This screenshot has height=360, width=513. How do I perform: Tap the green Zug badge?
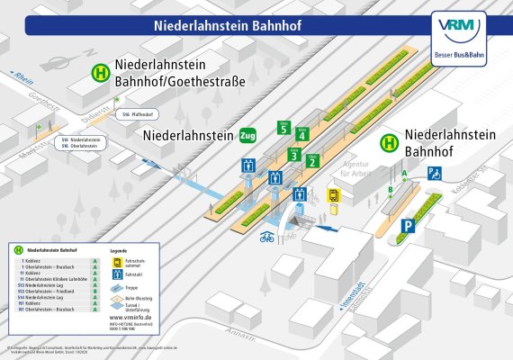coord(248,136)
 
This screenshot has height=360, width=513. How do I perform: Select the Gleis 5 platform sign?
coord(283,129)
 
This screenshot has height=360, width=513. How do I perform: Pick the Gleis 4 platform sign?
coord(302,136)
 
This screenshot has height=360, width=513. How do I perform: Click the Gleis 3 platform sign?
coord(293,155)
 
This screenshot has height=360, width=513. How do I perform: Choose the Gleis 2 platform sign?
coord(312,162)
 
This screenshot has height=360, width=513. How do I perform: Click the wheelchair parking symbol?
coord(434,173)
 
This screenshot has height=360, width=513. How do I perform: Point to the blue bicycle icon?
coord(266,238)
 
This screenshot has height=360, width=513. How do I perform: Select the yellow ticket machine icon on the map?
coord(332,194)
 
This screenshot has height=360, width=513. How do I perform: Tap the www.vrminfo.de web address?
coord(129,318)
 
